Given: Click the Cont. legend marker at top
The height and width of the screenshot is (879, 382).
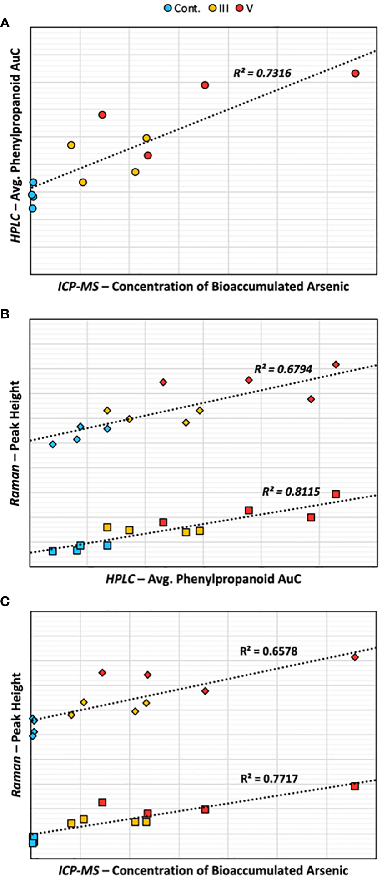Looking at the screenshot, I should (x=168, y=8).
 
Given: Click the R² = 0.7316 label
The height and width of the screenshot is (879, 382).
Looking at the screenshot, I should (x=262, y=73).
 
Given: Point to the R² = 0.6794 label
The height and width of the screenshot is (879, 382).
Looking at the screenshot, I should (x=283, y=369).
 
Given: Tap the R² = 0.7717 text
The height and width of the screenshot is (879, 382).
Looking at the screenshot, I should (x=269, y=779).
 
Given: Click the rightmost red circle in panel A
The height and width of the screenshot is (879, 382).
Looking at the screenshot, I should (x=356, y=74).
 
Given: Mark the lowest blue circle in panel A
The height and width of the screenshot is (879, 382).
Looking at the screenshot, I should (x=32, y=209).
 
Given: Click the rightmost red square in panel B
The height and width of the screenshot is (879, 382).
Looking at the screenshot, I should (x=336, y=494).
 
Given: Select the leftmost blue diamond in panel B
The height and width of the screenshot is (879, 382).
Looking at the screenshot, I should (x=53, y=444).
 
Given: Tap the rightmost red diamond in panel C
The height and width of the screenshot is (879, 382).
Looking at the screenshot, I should (x=355, y=657).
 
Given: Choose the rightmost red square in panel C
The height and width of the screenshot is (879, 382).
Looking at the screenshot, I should (x=355, y=786).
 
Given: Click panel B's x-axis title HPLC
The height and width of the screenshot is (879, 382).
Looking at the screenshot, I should (x=203, y=579).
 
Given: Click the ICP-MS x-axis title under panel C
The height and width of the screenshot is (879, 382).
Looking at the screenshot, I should (x=203, y=870).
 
